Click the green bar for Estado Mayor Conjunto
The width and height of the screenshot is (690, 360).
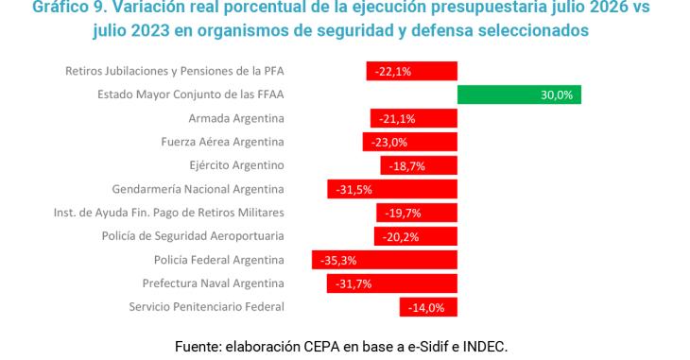519,94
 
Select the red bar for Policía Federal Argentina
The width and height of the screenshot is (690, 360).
385,260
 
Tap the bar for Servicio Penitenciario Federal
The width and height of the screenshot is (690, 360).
428,307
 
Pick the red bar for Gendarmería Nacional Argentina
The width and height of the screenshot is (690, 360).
392,189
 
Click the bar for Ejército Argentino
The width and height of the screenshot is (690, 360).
419,165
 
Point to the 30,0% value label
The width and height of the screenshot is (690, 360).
557,95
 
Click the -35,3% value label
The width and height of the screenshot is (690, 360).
338,261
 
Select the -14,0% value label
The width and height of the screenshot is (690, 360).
426,308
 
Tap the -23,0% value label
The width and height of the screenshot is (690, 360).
389,143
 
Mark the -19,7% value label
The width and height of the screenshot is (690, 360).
403,213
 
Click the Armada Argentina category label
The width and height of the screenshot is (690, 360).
236,118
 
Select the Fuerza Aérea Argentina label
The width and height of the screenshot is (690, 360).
222,142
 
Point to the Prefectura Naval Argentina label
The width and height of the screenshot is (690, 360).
213,283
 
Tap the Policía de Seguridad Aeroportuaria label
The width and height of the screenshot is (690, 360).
193,236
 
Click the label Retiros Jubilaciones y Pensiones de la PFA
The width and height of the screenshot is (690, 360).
175,71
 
